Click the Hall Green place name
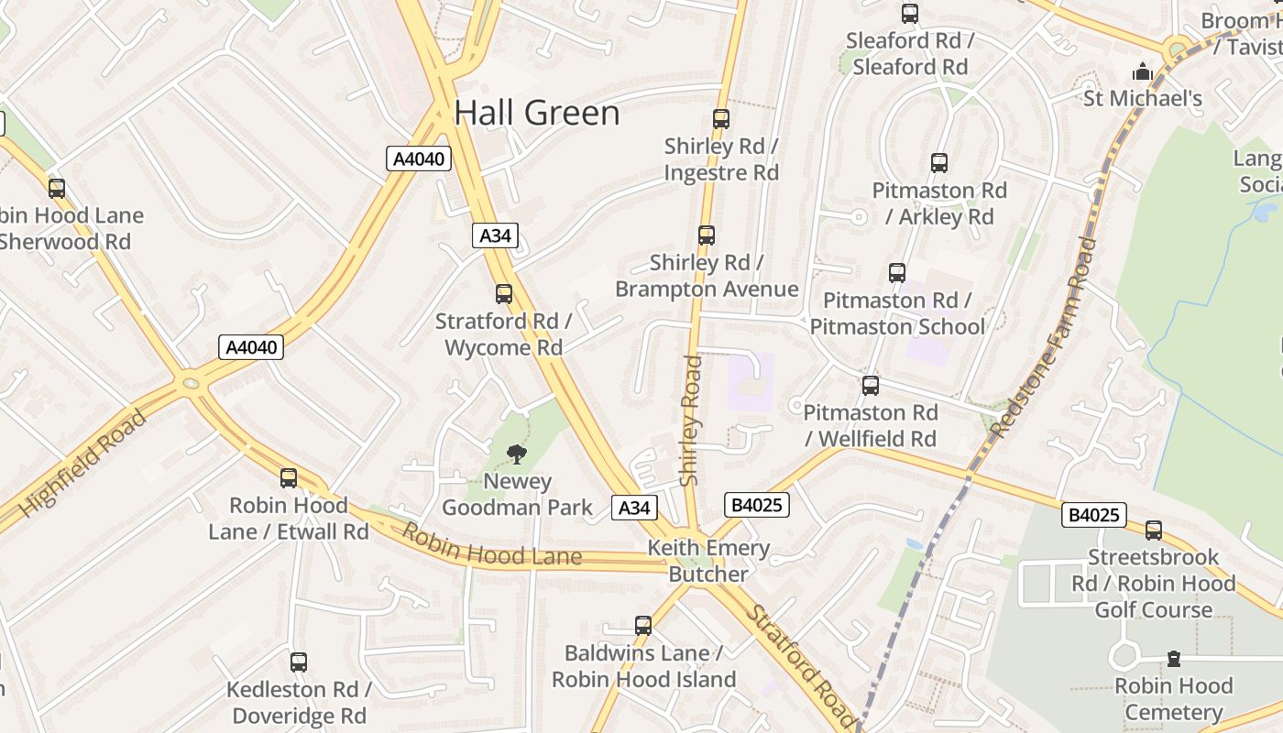[x=537, y=113]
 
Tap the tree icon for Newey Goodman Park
[x=517, y=454]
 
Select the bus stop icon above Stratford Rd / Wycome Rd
[x=504, y=294]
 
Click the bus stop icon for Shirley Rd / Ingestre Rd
[x=721, y=119]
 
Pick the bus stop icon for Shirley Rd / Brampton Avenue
[x=707, y=235]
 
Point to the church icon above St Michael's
[x=1143, y=71]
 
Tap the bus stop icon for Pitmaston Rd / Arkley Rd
[x=939, y=164]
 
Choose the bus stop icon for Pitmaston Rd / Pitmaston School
[x=897, y=273]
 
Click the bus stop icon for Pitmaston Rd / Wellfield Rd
[x=871, y=386]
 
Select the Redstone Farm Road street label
[x=1046, y=337]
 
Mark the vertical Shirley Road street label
[x=691, y=421]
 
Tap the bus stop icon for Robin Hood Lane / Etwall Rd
[x=289, y=478]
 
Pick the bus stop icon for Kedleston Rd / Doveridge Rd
[x=299, y=662]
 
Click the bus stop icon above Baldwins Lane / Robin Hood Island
[x=643, y=626]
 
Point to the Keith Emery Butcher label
[x=708, y=562]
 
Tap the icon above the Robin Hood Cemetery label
[x=1173, y=659]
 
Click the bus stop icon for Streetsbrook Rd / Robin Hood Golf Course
[x=1154, y=531]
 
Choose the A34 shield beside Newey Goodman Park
[x=634, y=508]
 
